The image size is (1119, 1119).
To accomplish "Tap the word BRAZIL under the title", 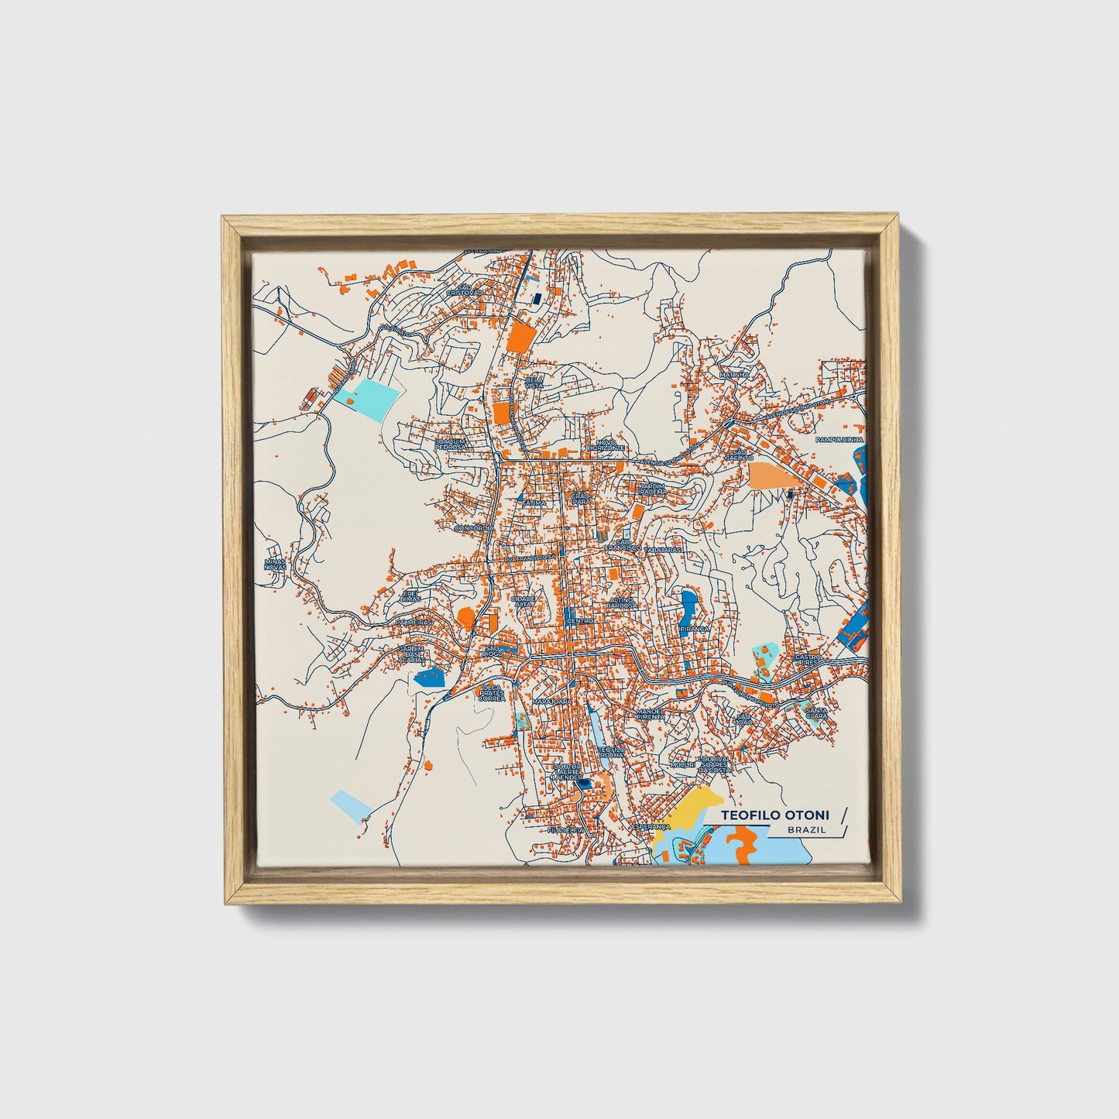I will [x=806, y=829].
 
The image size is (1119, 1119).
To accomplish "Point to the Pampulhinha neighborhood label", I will [x=839, y=439].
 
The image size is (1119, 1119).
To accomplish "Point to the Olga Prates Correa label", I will [x=492, y=692].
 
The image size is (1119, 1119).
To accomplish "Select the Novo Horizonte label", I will [x=606, y=445].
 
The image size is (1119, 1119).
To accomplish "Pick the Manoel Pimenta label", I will [x=650, y=714].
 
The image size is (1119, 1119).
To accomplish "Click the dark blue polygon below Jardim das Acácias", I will [x=430, y=678].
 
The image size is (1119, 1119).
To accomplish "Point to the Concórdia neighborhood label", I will [x=474, y=527].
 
